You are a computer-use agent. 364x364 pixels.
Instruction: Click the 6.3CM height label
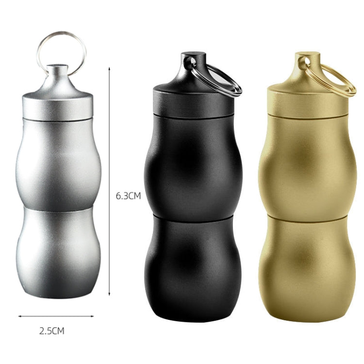[x=128, y=196]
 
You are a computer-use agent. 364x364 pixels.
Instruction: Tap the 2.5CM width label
[x=51, y=331]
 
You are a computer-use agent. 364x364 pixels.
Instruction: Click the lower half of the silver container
[x=58, y=252]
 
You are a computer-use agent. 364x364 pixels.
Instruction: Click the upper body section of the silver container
[x=58, y=163]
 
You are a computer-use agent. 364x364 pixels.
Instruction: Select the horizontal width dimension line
[x=56, y=316]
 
